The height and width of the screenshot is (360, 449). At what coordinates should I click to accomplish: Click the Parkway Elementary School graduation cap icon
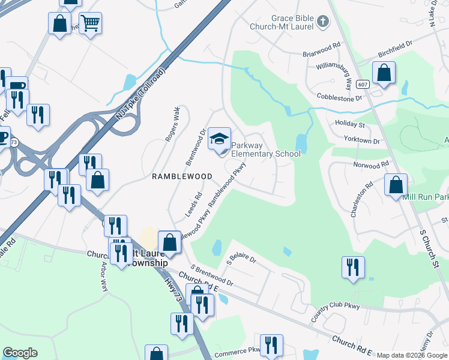[x=220, y=139]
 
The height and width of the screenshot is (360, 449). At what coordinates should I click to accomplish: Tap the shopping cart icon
[x=90, y=23]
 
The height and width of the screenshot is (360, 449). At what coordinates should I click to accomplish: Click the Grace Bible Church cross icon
[x=323, y=22]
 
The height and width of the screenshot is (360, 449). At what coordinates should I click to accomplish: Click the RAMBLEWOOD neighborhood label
[x=181, y=176]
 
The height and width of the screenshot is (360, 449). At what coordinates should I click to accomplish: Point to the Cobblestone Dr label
[x=340, y=97]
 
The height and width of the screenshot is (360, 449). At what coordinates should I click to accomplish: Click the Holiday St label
[x=351, y=125]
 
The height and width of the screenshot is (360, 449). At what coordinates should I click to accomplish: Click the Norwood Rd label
[x=372, y=163]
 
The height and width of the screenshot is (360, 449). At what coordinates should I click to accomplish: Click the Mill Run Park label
[x=426, y=197]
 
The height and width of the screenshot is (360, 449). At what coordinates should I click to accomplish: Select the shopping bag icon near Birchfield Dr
[x=384, y=73]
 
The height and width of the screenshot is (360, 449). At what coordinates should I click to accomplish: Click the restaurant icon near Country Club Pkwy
[x=353, y=266]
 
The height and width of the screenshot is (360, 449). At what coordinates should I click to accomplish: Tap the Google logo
[x=20, y=353]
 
